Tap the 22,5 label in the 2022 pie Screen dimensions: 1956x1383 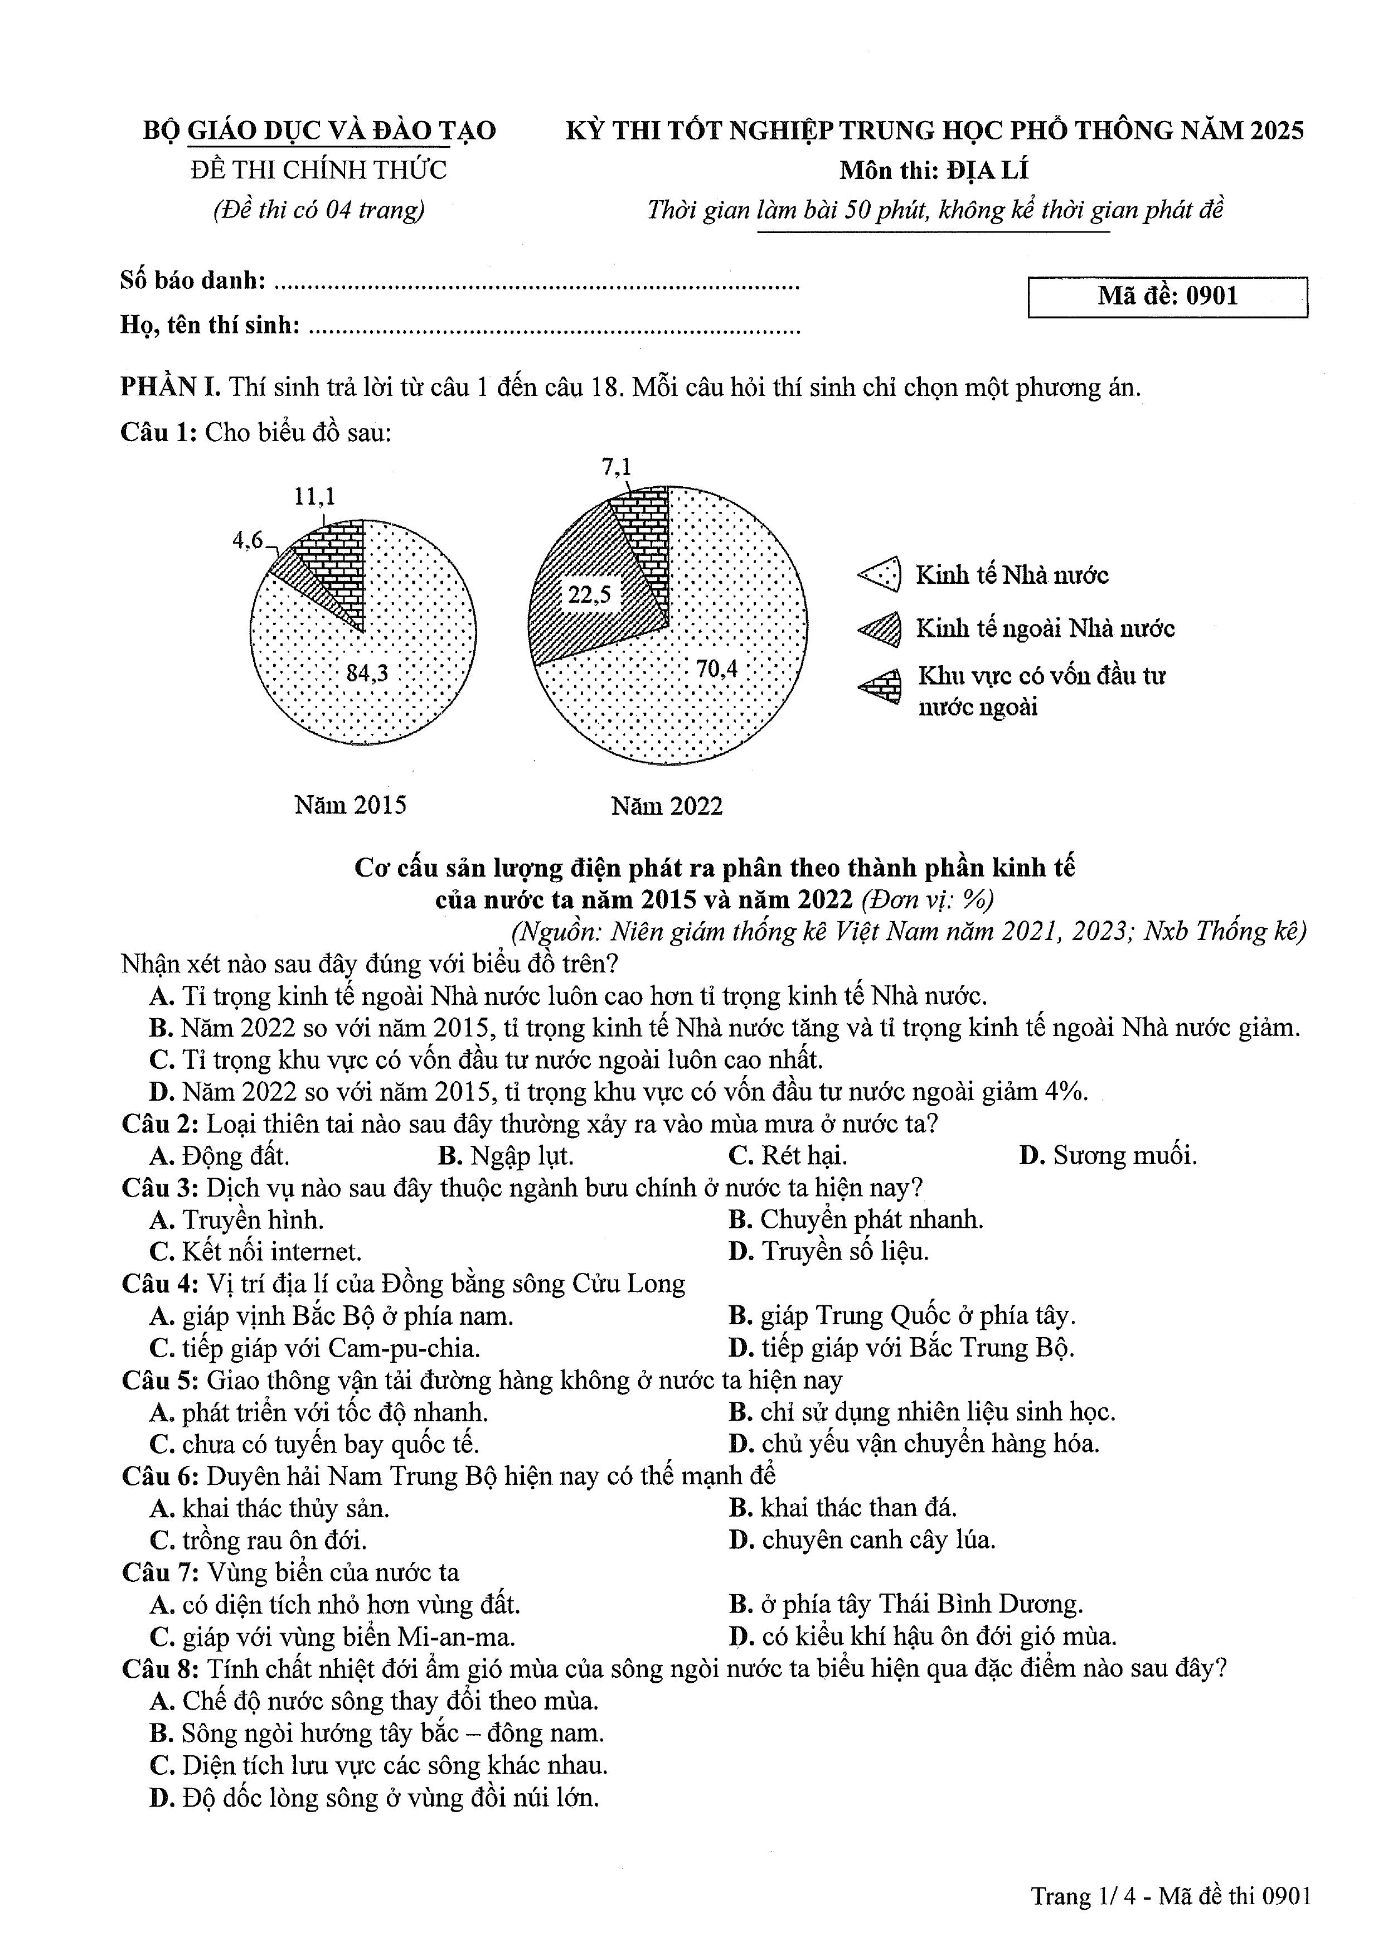589,594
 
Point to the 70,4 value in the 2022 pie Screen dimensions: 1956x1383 716,669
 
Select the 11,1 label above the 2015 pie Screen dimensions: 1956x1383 315,497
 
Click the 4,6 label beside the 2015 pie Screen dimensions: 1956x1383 248,540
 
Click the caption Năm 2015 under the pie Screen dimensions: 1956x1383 350,805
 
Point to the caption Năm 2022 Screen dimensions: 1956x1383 667,806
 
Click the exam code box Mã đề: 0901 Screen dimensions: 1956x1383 1167,297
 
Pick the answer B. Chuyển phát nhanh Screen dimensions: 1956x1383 856,1220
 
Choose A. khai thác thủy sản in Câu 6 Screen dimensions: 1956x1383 269,1509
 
